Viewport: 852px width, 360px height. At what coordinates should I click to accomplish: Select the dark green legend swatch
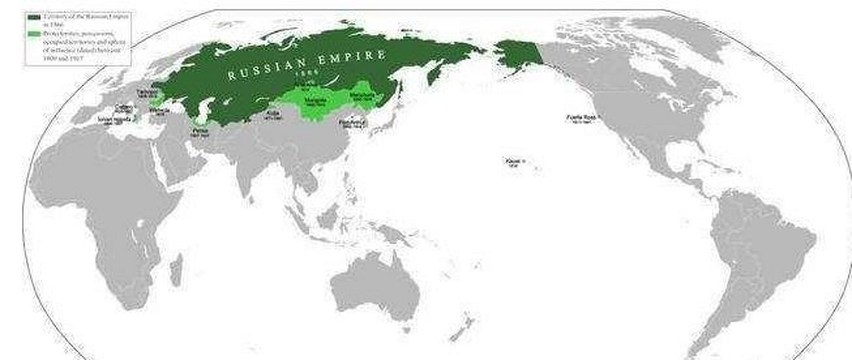pos(34,17)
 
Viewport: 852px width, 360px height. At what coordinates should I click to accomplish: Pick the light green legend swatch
pos(34,34)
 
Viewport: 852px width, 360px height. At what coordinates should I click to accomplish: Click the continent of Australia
pos(374,291)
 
